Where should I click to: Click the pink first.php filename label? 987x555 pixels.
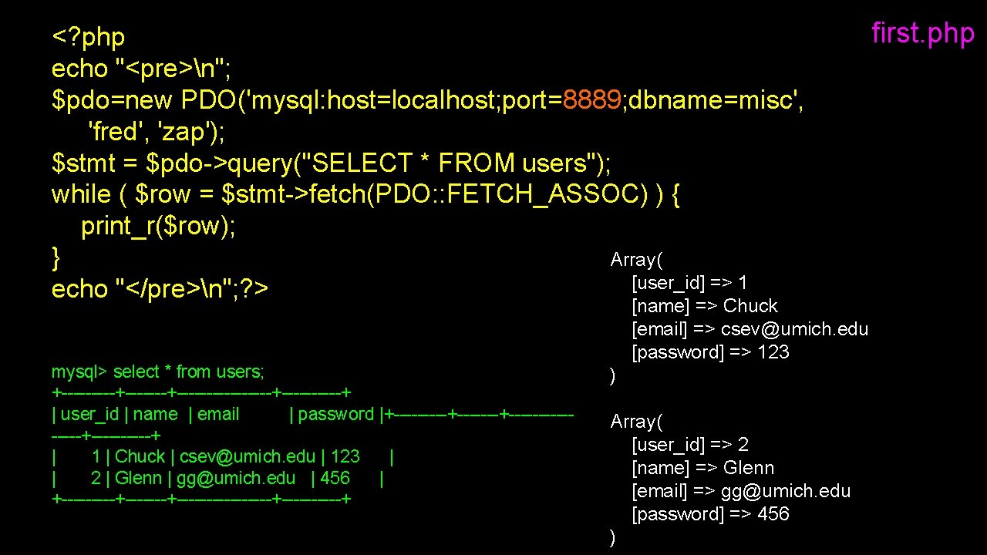tap(922, 34)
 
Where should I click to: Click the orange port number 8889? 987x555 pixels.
tap(592, 100)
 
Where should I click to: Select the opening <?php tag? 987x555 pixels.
tap(88, 37)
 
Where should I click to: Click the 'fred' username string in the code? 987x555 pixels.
tap(113, 132)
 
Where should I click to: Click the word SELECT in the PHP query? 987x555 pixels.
tap(360, 163)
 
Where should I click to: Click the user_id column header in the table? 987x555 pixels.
tap(89, 414)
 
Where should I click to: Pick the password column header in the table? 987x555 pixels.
tap(335, 414)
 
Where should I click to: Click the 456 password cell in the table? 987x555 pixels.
tap(335, 478)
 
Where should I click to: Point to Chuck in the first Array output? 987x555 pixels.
tap(750, 306)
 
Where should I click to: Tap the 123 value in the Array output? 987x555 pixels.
tap(773, 352)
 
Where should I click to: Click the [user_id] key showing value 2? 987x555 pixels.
tap(668, 445)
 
